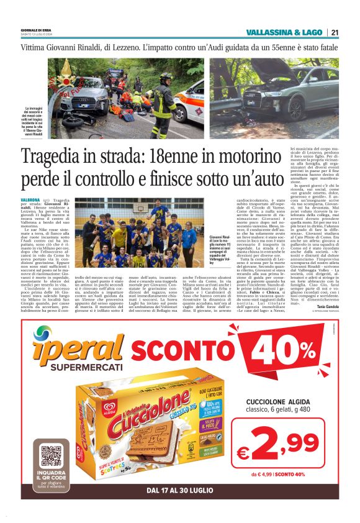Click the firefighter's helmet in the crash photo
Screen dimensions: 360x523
point(166,78)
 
